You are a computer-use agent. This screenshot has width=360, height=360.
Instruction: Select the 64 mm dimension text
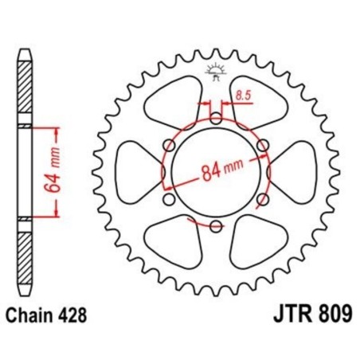click(x=49, y=173)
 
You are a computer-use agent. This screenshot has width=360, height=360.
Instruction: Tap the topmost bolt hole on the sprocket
click(x=215, y=118)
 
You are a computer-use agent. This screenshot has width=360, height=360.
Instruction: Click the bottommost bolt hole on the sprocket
click(x=215, y=225)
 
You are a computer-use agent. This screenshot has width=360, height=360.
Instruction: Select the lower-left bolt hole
click(x=169, y=199)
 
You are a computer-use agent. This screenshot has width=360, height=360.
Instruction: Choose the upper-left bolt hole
click(x=169, y=145)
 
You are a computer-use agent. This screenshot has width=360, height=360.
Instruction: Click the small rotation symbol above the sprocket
click(x=215, y=72)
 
